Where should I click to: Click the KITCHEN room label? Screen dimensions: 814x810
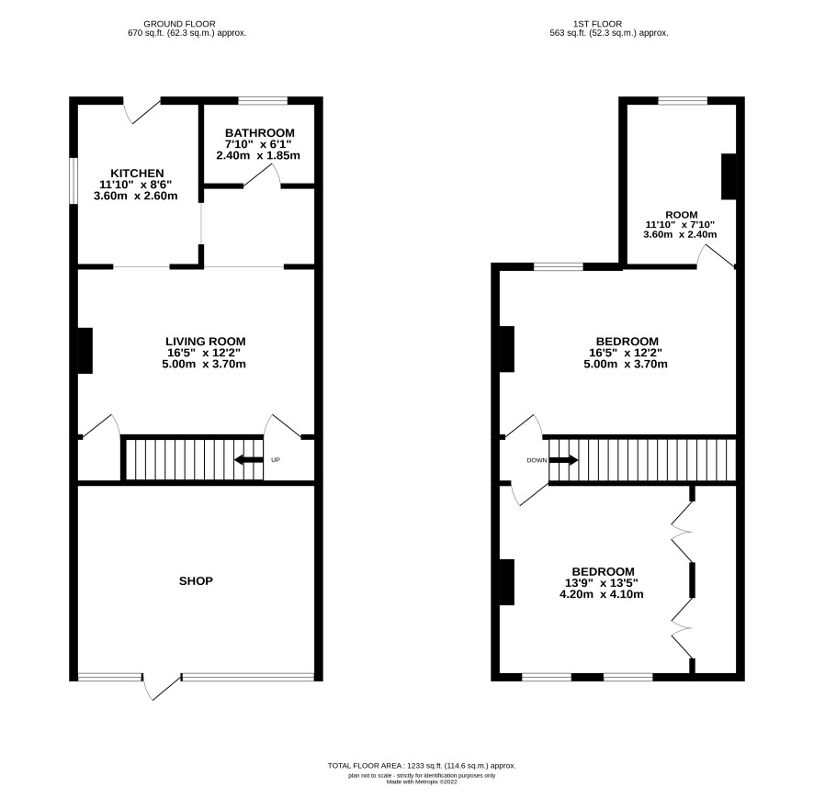137,174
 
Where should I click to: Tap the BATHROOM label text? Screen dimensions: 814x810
260,133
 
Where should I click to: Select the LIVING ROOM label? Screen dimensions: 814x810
206,342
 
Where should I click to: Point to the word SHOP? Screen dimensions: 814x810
196,581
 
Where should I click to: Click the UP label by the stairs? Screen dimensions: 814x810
276,460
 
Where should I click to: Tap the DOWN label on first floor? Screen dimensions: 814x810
537,460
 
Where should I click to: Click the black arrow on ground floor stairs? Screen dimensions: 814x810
249,460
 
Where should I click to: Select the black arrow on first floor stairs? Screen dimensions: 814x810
563,460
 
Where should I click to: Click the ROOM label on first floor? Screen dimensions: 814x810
682,215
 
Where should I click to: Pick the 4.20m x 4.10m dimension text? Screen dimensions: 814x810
601,595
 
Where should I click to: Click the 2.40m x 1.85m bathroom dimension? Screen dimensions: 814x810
258,156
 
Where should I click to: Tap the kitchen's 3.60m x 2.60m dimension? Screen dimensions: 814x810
135,197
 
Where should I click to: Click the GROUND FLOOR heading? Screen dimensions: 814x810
180,24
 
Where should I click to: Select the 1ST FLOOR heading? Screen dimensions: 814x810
597,24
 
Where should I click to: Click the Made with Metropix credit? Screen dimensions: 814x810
422,782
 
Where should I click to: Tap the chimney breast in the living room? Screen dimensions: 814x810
85,351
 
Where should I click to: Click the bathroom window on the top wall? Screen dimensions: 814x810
263,101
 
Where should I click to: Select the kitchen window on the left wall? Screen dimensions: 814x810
73,181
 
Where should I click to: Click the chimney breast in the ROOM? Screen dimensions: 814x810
729,176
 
